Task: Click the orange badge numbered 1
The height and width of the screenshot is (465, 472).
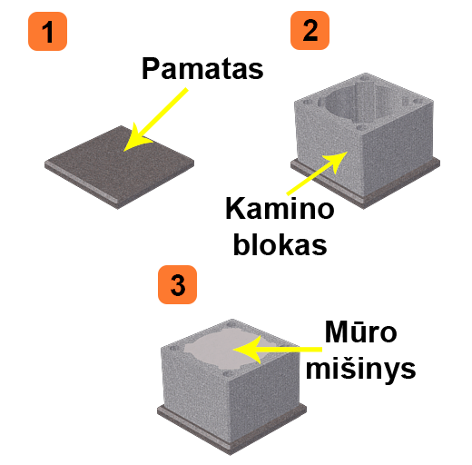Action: (x=47, y=31)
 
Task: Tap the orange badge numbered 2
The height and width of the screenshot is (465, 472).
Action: (x=310, y=30)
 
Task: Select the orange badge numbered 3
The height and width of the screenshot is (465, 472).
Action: (x=177, y=284)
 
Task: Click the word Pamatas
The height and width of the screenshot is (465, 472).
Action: (x=202, y=69)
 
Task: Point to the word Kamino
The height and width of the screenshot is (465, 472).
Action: (x=280, y=208)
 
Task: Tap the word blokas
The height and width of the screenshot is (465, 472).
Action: (x=280, y=244)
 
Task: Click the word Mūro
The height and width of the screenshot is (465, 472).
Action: (x=360, y=331)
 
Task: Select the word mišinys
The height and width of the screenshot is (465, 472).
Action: (x=360, y=369)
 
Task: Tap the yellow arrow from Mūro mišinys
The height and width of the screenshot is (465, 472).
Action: (x=278, y=350)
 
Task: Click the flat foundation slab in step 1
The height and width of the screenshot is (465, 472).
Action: (x=120, y=167)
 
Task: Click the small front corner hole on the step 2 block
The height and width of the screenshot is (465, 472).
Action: (x=361, y=127)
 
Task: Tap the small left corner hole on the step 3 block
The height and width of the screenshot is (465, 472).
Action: (x=174, y=349)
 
